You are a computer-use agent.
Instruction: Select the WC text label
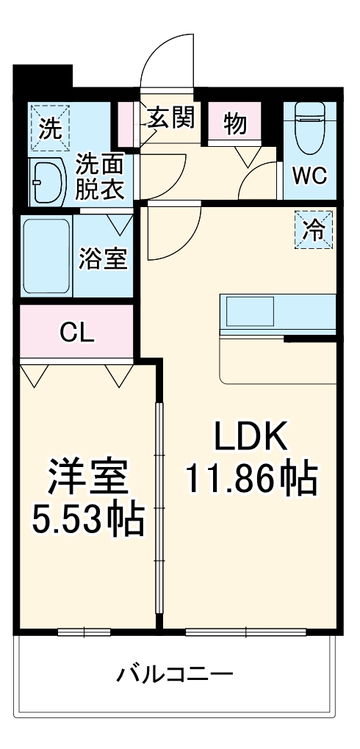310,176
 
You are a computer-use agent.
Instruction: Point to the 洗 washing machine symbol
50,129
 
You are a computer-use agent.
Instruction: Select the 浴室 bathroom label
103,258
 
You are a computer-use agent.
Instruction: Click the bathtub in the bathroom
46,255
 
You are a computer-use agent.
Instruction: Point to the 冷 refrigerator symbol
314,230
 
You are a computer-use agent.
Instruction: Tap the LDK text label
250,438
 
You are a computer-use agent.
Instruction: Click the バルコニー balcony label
175,673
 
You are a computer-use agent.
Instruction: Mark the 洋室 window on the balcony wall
84,632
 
